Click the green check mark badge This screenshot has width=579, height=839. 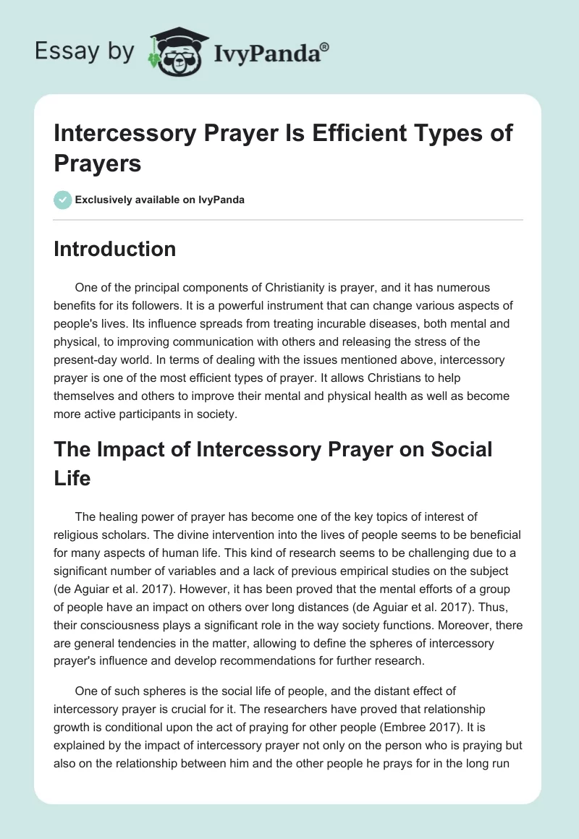tap(63, 200)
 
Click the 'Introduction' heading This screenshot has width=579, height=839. tap(115, 249)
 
